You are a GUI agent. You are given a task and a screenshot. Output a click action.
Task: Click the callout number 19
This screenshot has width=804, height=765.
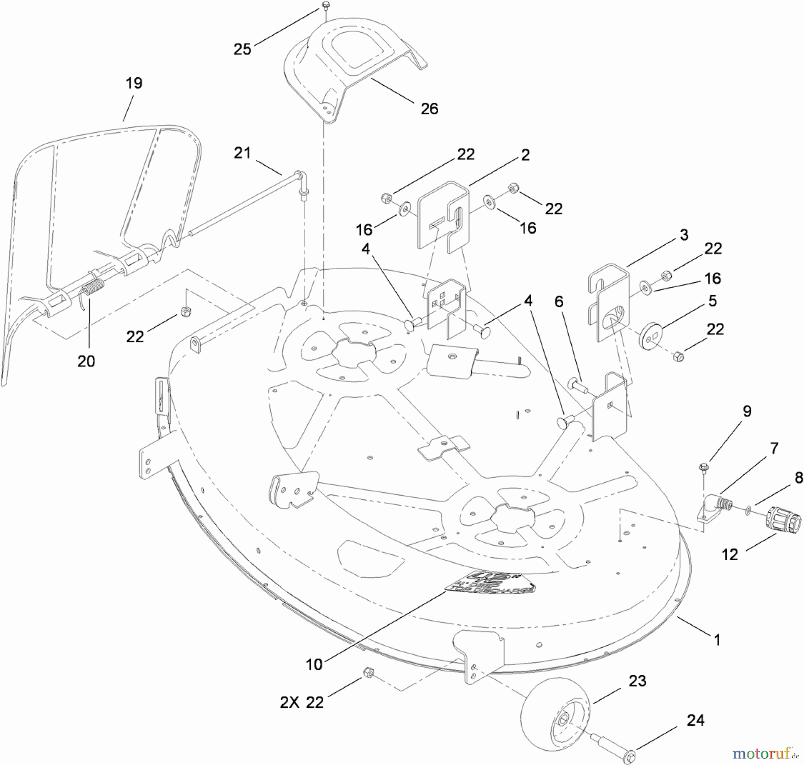134,83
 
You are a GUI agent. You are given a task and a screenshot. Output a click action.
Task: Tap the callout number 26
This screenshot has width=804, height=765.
429,109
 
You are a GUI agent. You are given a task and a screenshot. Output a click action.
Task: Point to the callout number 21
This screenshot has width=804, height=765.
242,153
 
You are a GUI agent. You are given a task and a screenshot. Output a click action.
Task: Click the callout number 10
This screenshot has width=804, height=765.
314,664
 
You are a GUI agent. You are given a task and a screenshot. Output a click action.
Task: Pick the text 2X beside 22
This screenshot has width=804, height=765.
290,702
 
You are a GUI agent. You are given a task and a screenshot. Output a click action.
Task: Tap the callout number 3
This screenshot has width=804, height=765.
684,235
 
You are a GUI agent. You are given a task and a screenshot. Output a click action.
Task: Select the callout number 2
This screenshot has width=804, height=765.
525,155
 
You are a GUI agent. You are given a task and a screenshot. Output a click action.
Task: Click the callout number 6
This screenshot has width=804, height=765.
559,301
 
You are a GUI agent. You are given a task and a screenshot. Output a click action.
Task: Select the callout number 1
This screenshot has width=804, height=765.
717,640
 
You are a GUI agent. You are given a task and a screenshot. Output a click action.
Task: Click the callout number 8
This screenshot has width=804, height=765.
799,477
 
